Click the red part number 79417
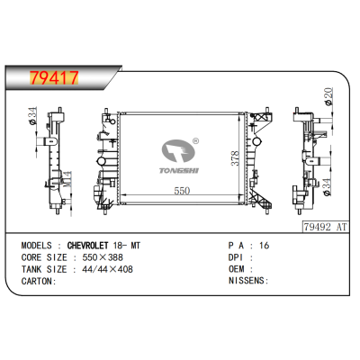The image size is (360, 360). (54, 78)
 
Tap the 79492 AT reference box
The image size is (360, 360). (325, 227)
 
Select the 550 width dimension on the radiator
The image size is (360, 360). (182, 191)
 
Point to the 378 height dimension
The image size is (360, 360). (235, 158)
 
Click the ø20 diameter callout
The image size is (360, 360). (328, 96)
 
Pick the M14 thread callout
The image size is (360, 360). (67, 179)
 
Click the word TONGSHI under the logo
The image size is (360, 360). (179, 171)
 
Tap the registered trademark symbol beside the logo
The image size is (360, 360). (195, 140)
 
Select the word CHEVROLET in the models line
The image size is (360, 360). (87, 246)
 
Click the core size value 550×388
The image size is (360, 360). (103, 257)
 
